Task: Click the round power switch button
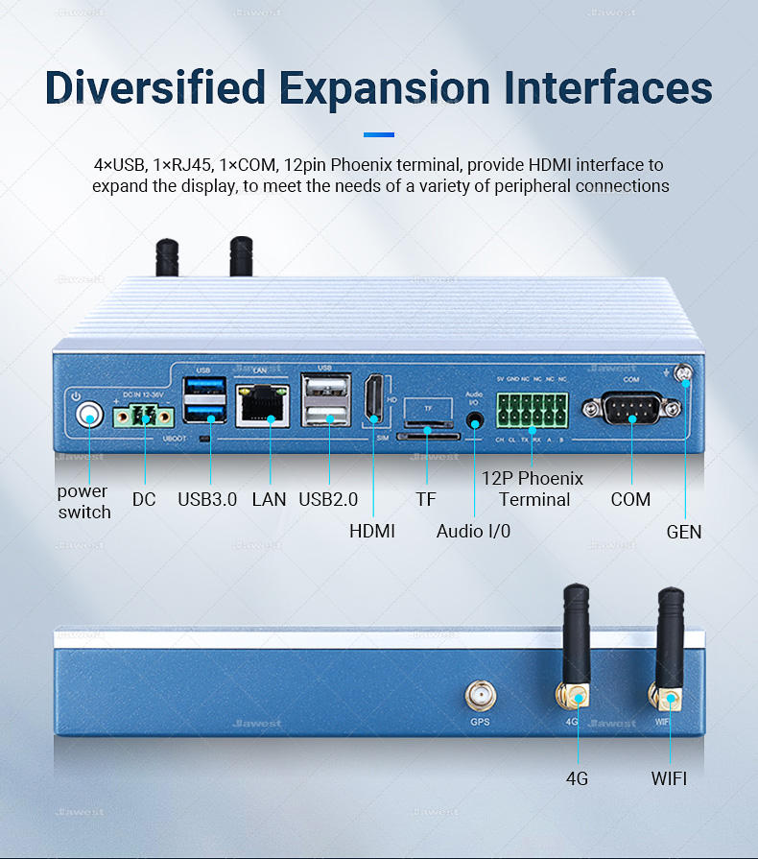coord(89,415)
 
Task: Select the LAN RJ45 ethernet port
coord(262,403)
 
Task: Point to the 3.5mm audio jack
coord(474,420)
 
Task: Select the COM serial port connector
coord(631,410)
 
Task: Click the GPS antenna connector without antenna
coord(479,697)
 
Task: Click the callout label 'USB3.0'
coord(207,499)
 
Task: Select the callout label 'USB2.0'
coord(328,499)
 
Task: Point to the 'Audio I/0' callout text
coord(474,531)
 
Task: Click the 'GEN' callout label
coord(684,531)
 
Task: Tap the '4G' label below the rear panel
coord(577,778)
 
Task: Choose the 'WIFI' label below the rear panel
coord(669,778)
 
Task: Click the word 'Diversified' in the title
coord(155,87)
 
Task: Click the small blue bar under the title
coord(379,134)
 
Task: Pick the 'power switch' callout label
coord(84,501)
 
